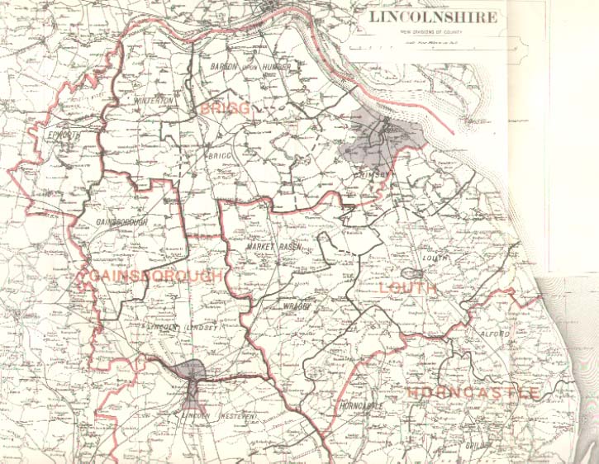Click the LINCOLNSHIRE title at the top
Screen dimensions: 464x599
click(432, 17)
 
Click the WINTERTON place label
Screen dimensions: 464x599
click(153, 101)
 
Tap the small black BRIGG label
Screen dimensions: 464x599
click(216, 154)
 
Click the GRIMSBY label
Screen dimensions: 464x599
click(375, 174)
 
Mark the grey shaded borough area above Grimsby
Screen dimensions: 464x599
click(383, 136)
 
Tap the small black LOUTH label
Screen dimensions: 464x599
click(435, 258)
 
